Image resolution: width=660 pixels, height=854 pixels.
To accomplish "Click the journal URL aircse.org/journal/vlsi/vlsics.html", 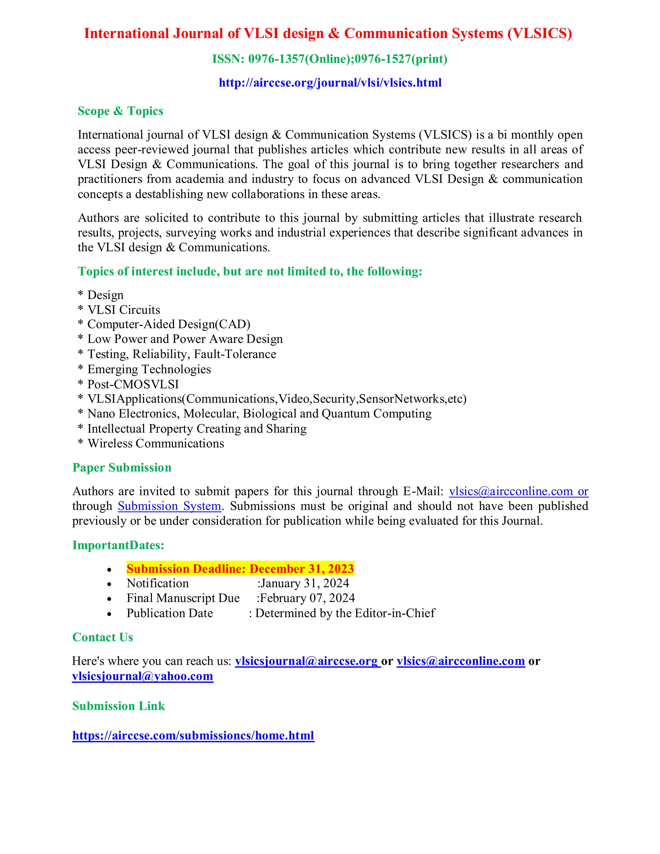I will point(330,82).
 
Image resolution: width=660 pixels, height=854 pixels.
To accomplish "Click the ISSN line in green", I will point(330,59).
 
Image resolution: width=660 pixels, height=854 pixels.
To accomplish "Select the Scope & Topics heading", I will point(121,111).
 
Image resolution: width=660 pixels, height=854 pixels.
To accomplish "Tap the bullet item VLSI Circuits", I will point(123,310).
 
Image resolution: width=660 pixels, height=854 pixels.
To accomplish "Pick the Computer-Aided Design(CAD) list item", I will point(169,324).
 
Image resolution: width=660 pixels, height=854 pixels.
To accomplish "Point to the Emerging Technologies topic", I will point(149,369).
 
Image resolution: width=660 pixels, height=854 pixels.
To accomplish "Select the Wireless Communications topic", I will point(156,443).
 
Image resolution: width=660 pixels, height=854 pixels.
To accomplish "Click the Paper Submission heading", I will point(122,468).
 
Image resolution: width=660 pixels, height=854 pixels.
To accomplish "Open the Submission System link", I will point(169,506).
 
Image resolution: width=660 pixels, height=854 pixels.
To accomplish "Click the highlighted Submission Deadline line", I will point(240,568).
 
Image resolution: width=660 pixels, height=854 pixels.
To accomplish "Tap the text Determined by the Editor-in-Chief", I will point(345,613).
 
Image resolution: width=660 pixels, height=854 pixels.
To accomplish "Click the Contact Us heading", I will point(103,637).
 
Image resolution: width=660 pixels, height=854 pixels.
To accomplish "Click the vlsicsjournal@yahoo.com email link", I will point(143,676).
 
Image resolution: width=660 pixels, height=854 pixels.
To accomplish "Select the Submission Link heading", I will point(119,706).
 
